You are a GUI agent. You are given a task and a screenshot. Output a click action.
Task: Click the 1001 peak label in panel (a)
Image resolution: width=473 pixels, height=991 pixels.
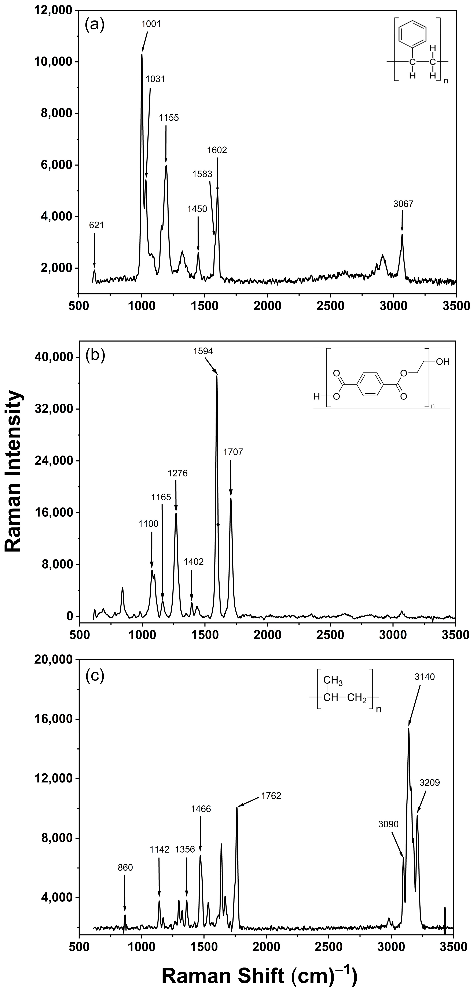(x=151, y=24)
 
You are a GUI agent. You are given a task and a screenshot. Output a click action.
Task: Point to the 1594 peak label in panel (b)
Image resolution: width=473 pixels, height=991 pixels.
(x=203, y=351)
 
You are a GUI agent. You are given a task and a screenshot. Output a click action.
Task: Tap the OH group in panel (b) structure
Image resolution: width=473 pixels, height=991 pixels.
(x=442, y=362)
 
